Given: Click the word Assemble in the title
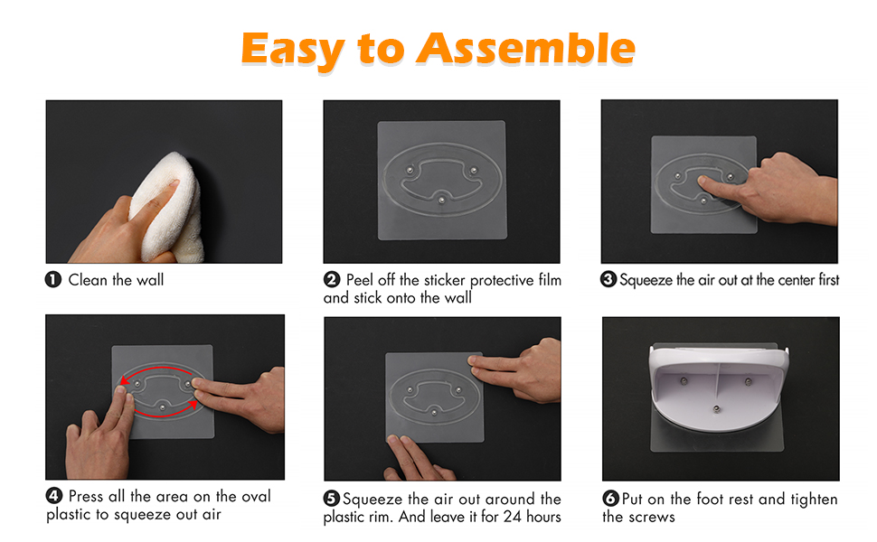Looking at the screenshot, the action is [526, 48].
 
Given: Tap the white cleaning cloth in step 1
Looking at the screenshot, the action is [168, 208].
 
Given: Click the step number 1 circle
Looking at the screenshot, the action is [53, 279].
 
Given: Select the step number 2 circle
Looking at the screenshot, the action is [332, 279].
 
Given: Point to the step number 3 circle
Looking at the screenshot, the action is [608, 279].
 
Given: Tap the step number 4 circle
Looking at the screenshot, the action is [53, 496].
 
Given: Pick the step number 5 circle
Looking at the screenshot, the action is [332, 499].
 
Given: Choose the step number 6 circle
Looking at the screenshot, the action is [610, 499].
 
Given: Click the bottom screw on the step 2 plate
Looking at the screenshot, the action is [442, 200].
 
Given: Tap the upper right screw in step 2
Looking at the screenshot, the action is [474, 170].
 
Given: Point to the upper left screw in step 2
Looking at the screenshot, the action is [410, 169].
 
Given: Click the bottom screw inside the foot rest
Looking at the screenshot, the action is [716, 409].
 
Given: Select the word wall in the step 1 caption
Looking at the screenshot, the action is [150, 280].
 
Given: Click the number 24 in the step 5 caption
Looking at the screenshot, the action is [513, 517].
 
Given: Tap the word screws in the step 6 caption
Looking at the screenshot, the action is [651, 518].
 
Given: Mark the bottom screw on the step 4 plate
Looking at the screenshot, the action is [162, 407].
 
